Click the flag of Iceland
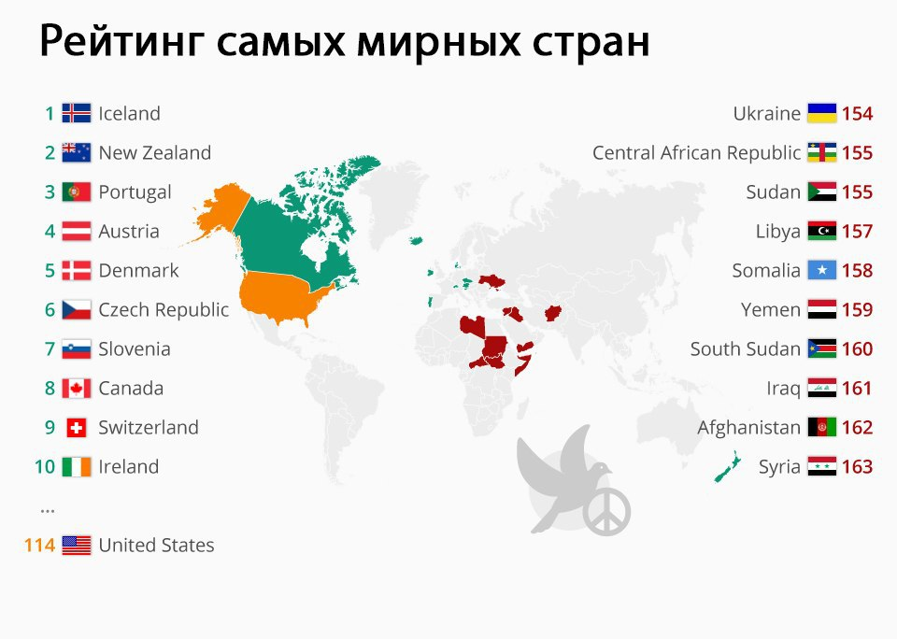click(76, 114)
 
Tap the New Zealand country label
click(154, 153)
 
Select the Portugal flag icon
click(76, 192)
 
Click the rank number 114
click(39, 546)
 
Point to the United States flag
click(76, 546)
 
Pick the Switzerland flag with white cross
click(76, 428)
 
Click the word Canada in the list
click(131, 389)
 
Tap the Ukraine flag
click(821, 114)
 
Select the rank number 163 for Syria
click(857, 467)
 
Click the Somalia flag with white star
click(821, 271)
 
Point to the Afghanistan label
click(748, 428)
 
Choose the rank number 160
click(857, 349)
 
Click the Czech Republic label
click(164, 310)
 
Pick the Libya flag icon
click(821, 232)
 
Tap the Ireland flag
click(76, 467)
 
